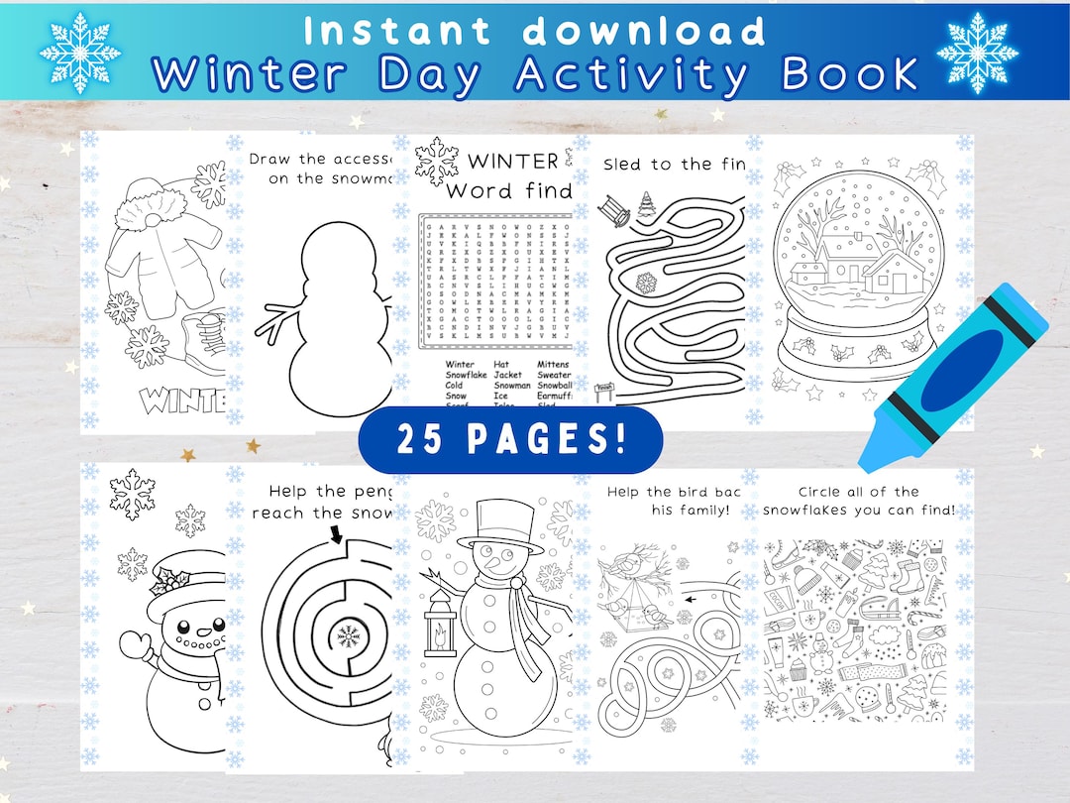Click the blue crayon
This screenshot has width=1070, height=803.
point(953,377)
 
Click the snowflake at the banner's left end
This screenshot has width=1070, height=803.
point(80,51)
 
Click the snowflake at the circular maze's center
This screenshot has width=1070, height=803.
point(348,633)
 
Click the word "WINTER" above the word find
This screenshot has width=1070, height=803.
point(512,161)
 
